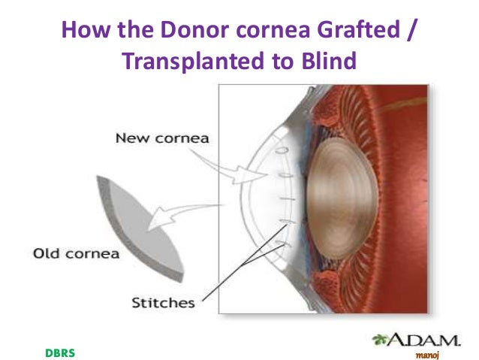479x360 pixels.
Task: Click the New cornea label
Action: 161,138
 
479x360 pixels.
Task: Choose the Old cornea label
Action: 76,253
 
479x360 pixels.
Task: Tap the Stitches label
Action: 163,304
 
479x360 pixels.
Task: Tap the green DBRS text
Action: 60,352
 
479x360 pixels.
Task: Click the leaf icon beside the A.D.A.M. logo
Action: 378,340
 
